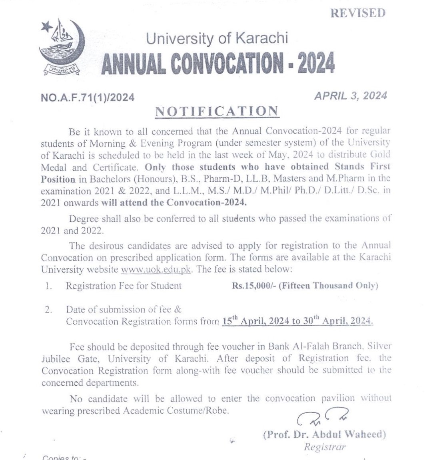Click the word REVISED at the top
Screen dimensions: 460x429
(358, 13)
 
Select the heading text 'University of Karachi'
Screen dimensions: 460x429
(217, 38)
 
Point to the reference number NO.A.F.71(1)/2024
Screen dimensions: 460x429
(88, 97)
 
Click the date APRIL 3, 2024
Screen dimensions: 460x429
(350, 96)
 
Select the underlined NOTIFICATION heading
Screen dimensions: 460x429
(217, 112)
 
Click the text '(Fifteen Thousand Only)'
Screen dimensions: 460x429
(328, 286)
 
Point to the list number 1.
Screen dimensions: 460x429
(48, 286)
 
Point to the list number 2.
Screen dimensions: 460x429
(48, 310)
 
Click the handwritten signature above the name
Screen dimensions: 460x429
(322, 417)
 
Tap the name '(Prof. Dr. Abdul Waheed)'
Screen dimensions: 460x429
(324, 434)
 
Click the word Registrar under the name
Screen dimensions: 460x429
(325, 447)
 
